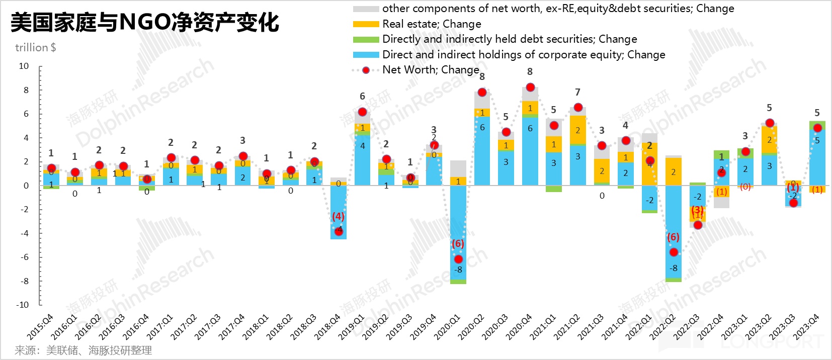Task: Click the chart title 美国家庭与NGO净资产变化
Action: click(x=145, y=22)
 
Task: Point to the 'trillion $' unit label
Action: click(x=35, y=48)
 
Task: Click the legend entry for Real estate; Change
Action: click(x=432, y=24)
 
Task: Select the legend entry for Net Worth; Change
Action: click(x=430, y=70)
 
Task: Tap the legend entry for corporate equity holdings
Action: click(x=523, y=55)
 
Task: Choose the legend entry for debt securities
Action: click(x=509, y=39)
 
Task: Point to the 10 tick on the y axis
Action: click(x=24, y=66)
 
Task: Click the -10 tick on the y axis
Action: click(x=22, y=305)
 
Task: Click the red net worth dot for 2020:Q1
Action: click(x=458, y=259)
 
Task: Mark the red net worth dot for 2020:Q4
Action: click(x=530, y=87)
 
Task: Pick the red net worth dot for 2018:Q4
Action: click(x=339, y=231)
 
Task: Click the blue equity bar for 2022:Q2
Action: click(x=674, y=231)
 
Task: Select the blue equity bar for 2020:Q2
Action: click(x=482, y=151)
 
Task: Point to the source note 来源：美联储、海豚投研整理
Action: click(x=84, y=350)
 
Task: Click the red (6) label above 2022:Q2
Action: click(x=673, y=237)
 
